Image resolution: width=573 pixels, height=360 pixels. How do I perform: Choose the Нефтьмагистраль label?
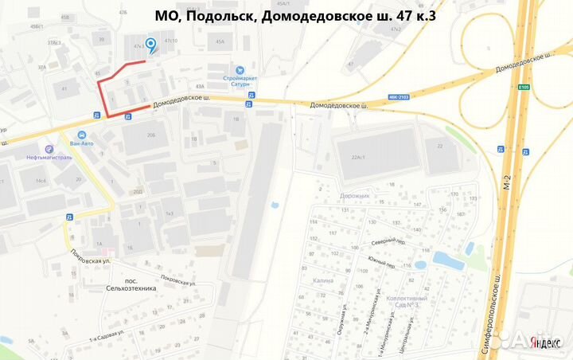[49, 158]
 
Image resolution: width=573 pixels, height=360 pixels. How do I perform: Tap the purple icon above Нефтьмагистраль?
[49, 149]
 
